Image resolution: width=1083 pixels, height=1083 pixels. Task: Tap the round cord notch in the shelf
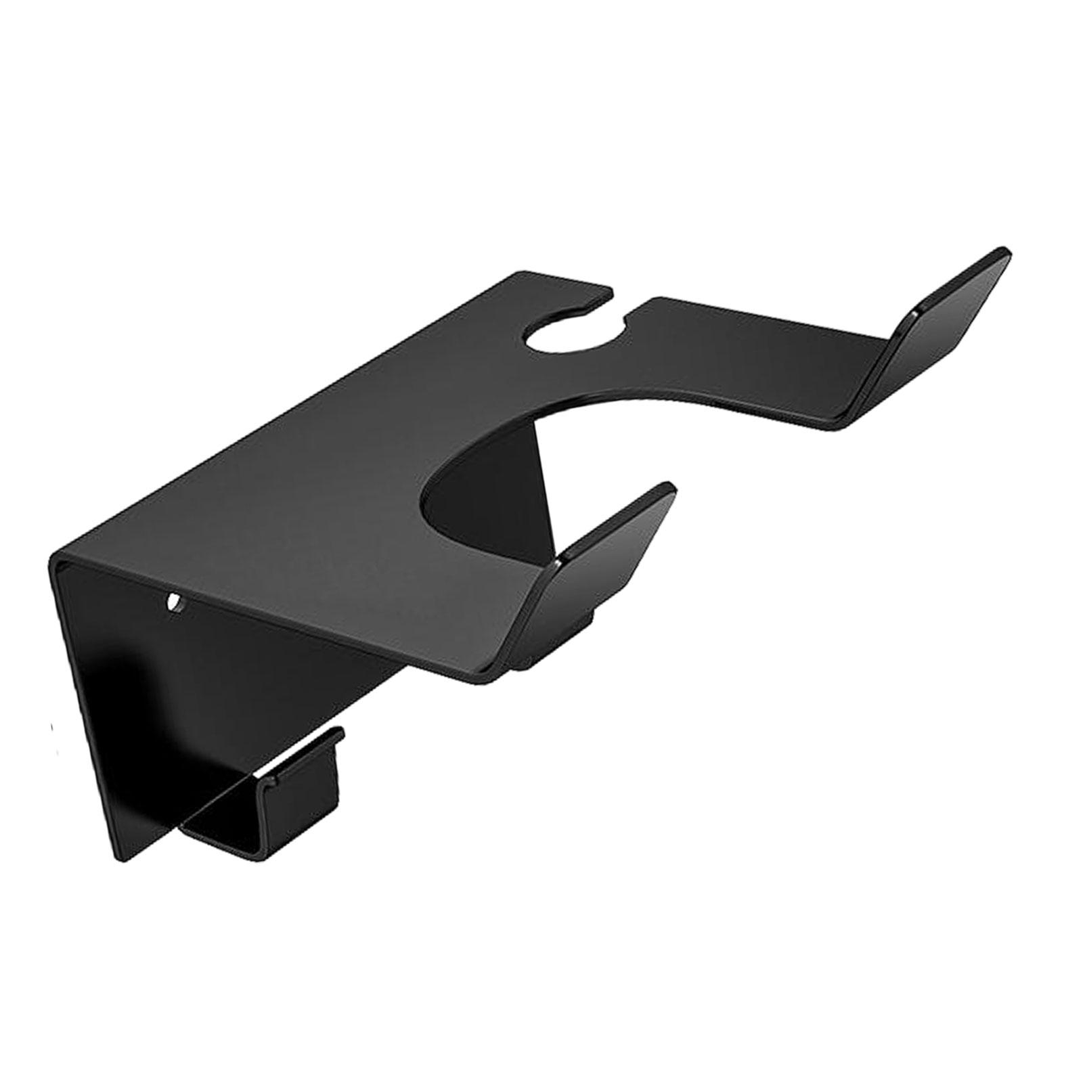(575, 334)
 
